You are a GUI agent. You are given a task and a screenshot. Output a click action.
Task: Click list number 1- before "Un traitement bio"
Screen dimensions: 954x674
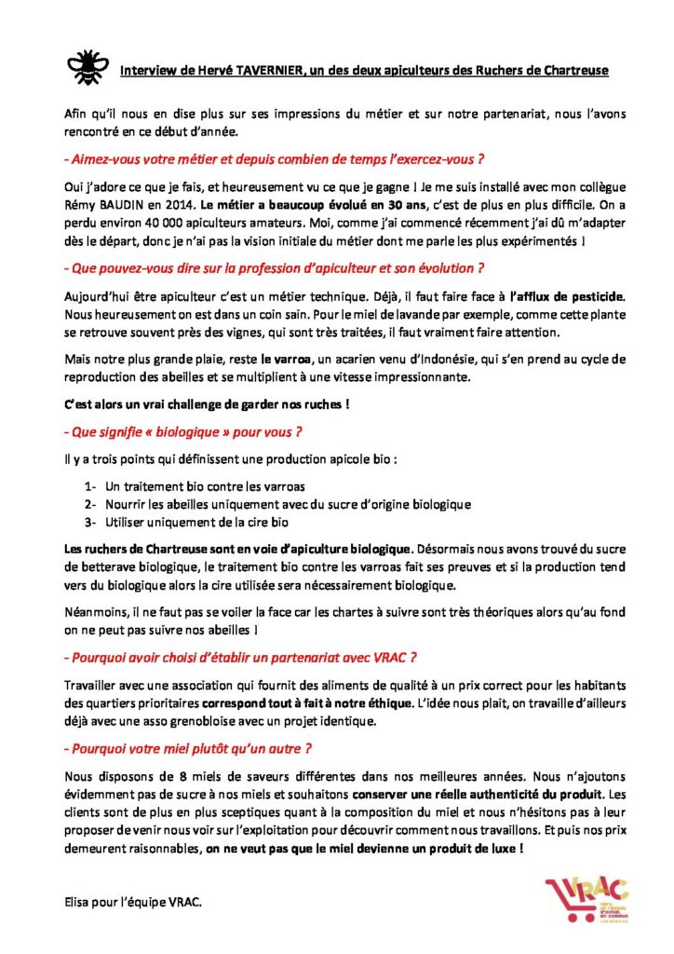tap(90, 486)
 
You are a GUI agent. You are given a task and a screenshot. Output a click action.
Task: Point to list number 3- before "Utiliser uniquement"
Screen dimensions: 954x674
tap(90, 521)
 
